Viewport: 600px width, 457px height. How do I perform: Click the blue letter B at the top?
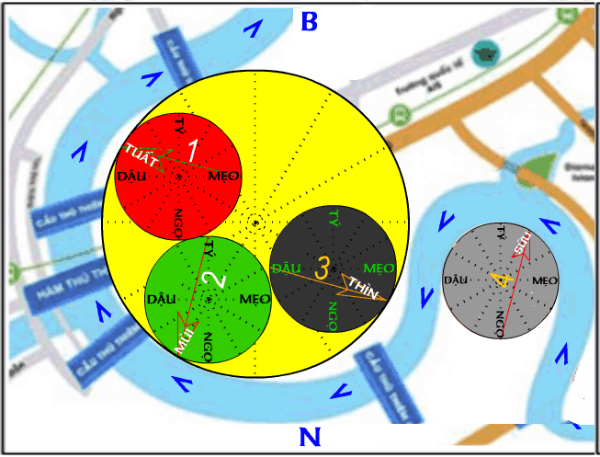(309, 20)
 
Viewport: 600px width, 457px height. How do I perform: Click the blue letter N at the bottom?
(310, 436)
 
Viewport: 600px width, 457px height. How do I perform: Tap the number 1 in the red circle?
(193, 149)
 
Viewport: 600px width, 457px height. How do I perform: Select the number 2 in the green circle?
(212, 280)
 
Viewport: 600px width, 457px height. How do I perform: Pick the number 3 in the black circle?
(322, 268)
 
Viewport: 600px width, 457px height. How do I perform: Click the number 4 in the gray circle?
(501, 279)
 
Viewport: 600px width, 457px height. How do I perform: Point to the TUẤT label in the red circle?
(141, 156)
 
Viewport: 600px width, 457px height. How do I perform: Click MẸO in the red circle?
(224, 176)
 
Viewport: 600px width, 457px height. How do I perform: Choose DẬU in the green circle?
(162, 299)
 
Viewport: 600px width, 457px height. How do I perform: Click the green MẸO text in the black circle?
(379, 268)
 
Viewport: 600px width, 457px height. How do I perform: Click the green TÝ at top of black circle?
(335, 219)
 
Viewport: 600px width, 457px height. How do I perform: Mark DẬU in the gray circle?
(458, 279)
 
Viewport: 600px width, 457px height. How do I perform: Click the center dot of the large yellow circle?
(255, 221)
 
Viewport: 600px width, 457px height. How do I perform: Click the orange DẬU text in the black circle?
(288, 268)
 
